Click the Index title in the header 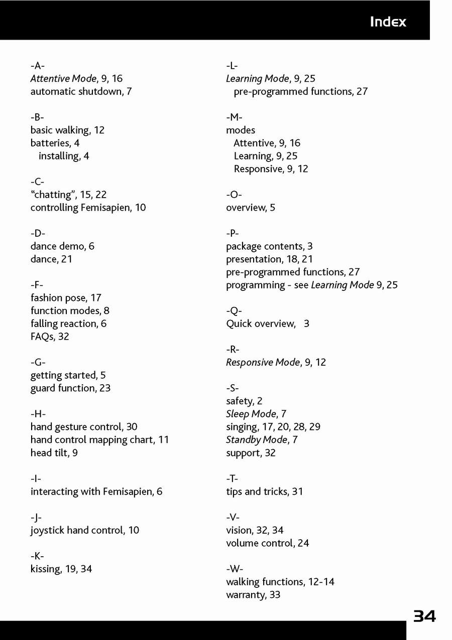[x=388, y=22]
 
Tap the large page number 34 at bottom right [x=424, y=616]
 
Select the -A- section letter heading [x=38, y=66]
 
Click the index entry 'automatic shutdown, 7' [x=81, y=92]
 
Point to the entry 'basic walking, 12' [x=67, y=130]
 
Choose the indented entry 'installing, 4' [x=64, y=156]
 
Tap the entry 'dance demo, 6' [x=62, y=246]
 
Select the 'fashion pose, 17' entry [x=66, y=298]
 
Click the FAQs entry [x=50, y=337]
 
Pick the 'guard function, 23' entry [x=70, y=388]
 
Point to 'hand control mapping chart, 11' [x=99, y=440]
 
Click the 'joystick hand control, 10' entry [x=85, y=530]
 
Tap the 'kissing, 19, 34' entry [x=61, y=569]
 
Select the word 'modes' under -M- [x=241, y=130]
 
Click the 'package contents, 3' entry [x=269, y=246]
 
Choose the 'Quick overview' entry [x=267, y=324]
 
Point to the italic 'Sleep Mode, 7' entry [x=256, y=414]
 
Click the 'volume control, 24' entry [x=267, y=543]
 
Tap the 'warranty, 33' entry [x=253, y=595]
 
